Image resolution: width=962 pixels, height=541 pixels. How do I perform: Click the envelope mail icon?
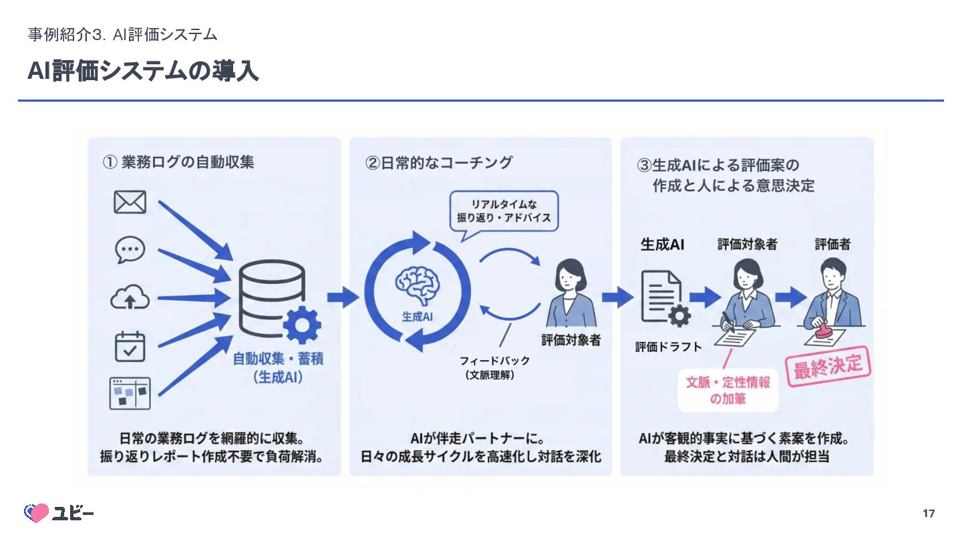click(x=130, y=202)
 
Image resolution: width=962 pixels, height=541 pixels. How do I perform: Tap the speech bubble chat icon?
click(x=130, y=250)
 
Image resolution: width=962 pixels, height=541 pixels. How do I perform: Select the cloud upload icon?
click(x=130, y=299)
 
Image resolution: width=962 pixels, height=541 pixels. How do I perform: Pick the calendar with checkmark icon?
click(x=130, y=347)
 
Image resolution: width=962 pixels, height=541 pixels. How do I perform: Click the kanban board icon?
click(x=130, y=393)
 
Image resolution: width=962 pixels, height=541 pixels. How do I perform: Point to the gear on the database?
click(x=302, y=326)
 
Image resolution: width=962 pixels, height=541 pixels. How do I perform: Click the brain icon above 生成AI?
click(x=418, y=285)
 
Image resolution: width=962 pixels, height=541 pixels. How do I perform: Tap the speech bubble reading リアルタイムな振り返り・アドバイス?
click(x=505, y=211)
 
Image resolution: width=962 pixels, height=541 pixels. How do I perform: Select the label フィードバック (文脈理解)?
click(x=494, y=367)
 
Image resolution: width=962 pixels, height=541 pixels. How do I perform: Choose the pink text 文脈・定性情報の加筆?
click(x=728, y=391)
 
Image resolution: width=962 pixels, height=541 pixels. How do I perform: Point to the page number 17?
click(x=928, y=514)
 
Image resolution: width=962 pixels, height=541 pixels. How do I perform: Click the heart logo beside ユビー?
click(x=36, y=513)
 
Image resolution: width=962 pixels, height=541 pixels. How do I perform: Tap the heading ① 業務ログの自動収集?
click(x=178, y=162)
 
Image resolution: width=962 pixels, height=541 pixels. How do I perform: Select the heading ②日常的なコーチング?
click(x=439, y=162)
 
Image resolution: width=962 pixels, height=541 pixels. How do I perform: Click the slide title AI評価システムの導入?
click(x=143, y=71)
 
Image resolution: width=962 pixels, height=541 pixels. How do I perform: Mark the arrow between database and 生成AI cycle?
click(x=342, y=297)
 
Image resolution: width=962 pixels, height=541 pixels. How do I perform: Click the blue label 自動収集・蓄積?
click(x=278, y=359)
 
